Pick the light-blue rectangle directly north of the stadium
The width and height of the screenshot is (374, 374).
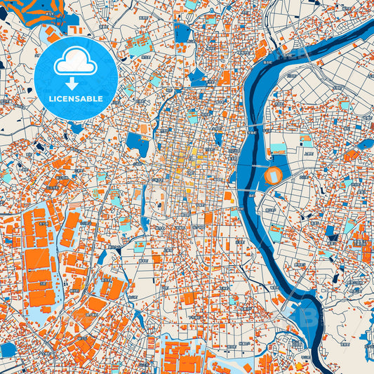(x=278, y=149)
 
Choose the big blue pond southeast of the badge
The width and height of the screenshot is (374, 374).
(x=137, y=144)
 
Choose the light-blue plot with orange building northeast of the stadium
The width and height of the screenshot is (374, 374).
(x=307, y=140)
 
